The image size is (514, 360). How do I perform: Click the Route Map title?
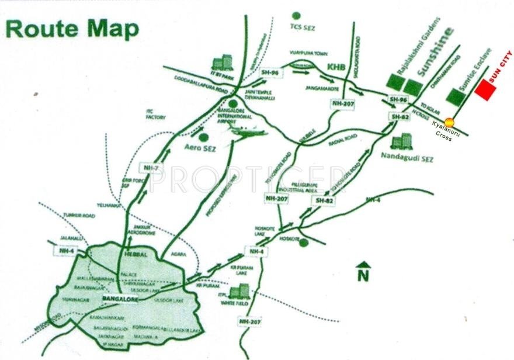click(73, 29)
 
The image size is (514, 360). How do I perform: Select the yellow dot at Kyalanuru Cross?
click(449, 122)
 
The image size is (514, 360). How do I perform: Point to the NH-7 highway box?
click(150, 168)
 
